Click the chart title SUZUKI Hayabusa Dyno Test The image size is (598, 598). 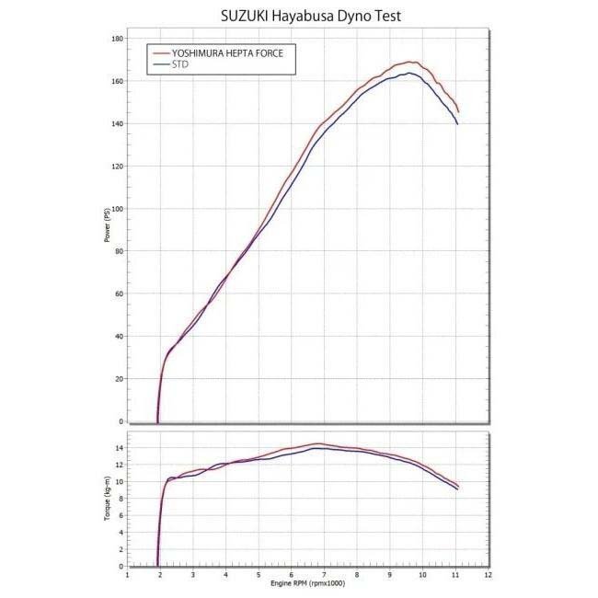298,16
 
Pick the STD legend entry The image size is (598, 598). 180,65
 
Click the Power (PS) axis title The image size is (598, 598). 107,226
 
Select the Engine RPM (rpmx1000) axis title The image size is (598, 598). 307,584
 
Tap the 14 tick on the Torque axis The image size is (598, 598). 120,448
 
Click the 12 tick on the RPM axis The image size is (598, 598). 488,575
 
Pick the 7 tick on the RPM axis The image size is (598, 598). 324,575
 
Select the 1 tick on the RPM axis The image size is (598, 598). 127,575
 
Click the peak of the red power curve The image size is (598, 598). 411,62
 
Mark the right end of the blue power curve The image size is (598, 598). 457,123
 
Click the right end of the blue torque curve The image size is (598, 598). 457,489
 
